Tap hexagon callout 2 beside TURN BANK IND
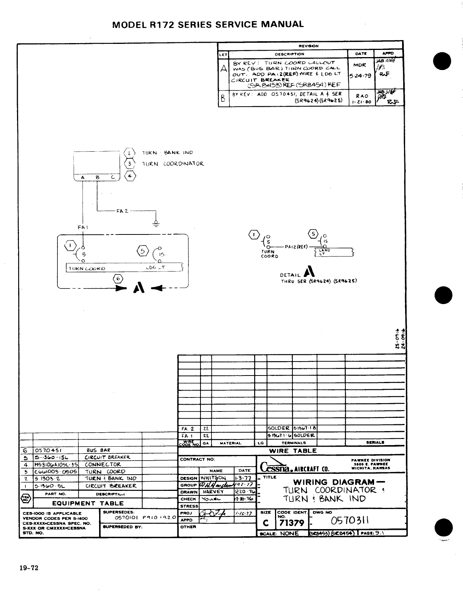[129, 153]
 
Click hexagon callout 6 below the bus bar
[118, 279]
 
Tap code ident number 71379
[291, 523]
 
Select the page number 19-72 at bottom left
[30, 568]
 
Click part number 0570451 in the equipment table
[48, 450]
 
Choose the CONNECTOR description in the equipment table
[103, 464]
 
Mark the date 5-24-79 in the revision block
[360, 76]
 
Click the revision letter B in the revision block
[224, 99]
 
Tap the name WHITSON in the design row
[213, 478]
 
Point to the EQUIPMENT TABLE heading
[88, 503]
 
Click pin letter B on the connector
[97, 177]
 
